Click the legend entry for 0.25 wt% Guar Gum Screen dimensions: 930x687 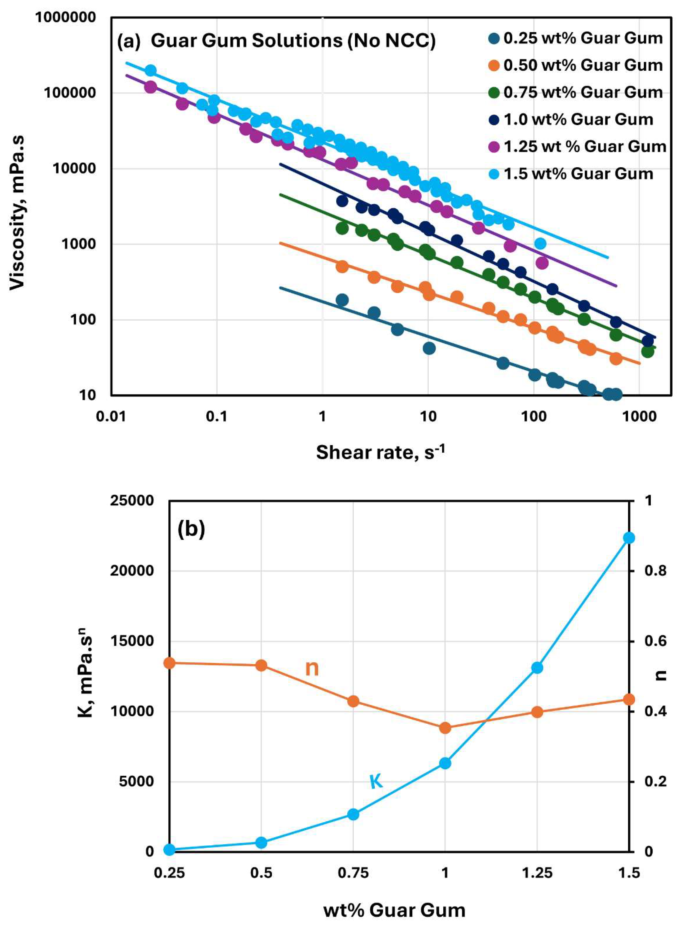pyautogui.click(x=576, y=38)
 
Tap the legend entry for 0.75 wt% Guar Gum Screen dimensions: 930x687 pyautogui.click(x=576, y=92)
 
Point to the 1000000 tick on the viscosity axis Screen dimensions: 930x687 pyautogui.click(x=65, y=17)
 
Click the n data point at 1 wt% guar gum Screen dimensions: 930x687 pyautogui.click(x=445, y=728)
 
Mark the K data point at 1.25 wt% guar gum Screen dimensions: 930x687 pyautogui.click(x=537, y=668)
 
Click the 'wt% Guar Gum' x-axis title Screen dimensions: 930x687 pyautogui.click(x=394, y=911)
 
